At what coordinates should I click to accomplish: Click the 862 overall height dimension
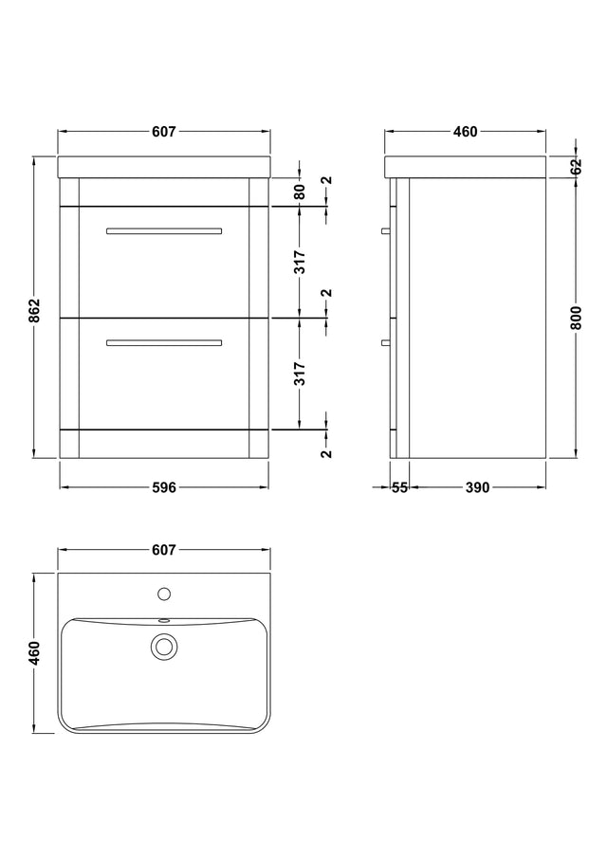tap(34, 311)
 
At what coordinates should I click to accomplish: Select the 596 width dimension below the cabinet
tap(164, 487)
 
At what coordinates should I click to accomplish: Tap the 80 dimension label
tap(300, 192)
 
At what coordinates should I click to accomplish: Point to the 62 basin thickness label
tap(576, 167)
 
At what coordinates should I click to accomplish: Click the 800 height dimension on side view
tap(576, 318)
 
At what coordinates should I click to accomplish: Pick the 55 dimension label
tap(400, 487)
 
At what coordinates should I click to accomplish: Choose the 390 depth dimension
tap(477, 487)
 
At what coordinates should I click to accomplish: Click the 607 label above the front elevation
tap(164, 132)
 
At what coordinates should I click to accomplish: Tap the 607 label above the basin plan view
tap(164, 550)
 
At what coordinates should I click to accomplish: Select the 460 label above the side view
tap(465, 132)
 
